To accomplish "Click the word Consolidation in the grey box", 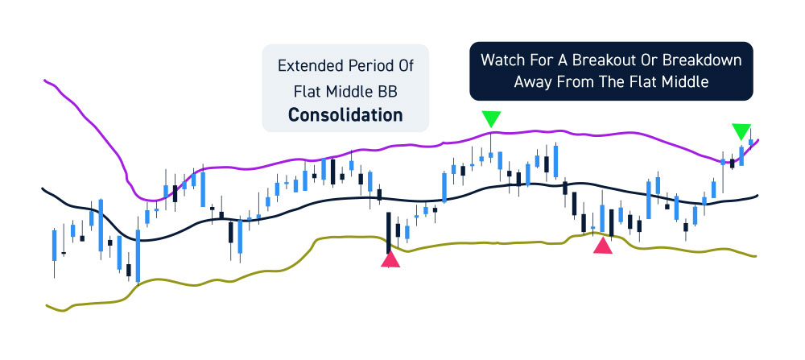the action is coord(345,114).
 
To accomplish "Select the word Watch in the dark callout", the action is coord(500,60).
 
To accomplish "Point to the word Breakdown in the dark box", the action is coord(702,60).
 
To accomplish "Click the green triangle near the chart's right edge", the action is coord(741,131).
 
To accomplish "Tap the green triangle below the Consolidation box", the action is coord(491,119).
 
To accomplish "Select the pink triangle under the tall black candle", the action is coord(390,259).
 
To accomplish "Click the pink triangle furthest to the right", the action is coord(603,246).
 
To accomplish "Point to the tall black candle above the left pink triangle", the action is coord(389,232).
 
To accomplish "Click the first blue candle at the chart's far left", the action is coord(54,246).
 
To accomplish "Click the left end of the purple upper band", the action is coord(45,80).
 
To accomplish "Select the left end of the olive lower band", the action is coord(47,305).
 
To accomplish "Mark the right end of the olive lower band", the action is coord(755,256).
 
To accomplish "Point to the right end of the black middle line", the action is coord(758,195).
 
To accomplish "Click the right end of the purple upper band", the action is coord(758,139).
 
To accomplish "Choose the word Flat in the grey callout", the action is coord(304,92).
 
